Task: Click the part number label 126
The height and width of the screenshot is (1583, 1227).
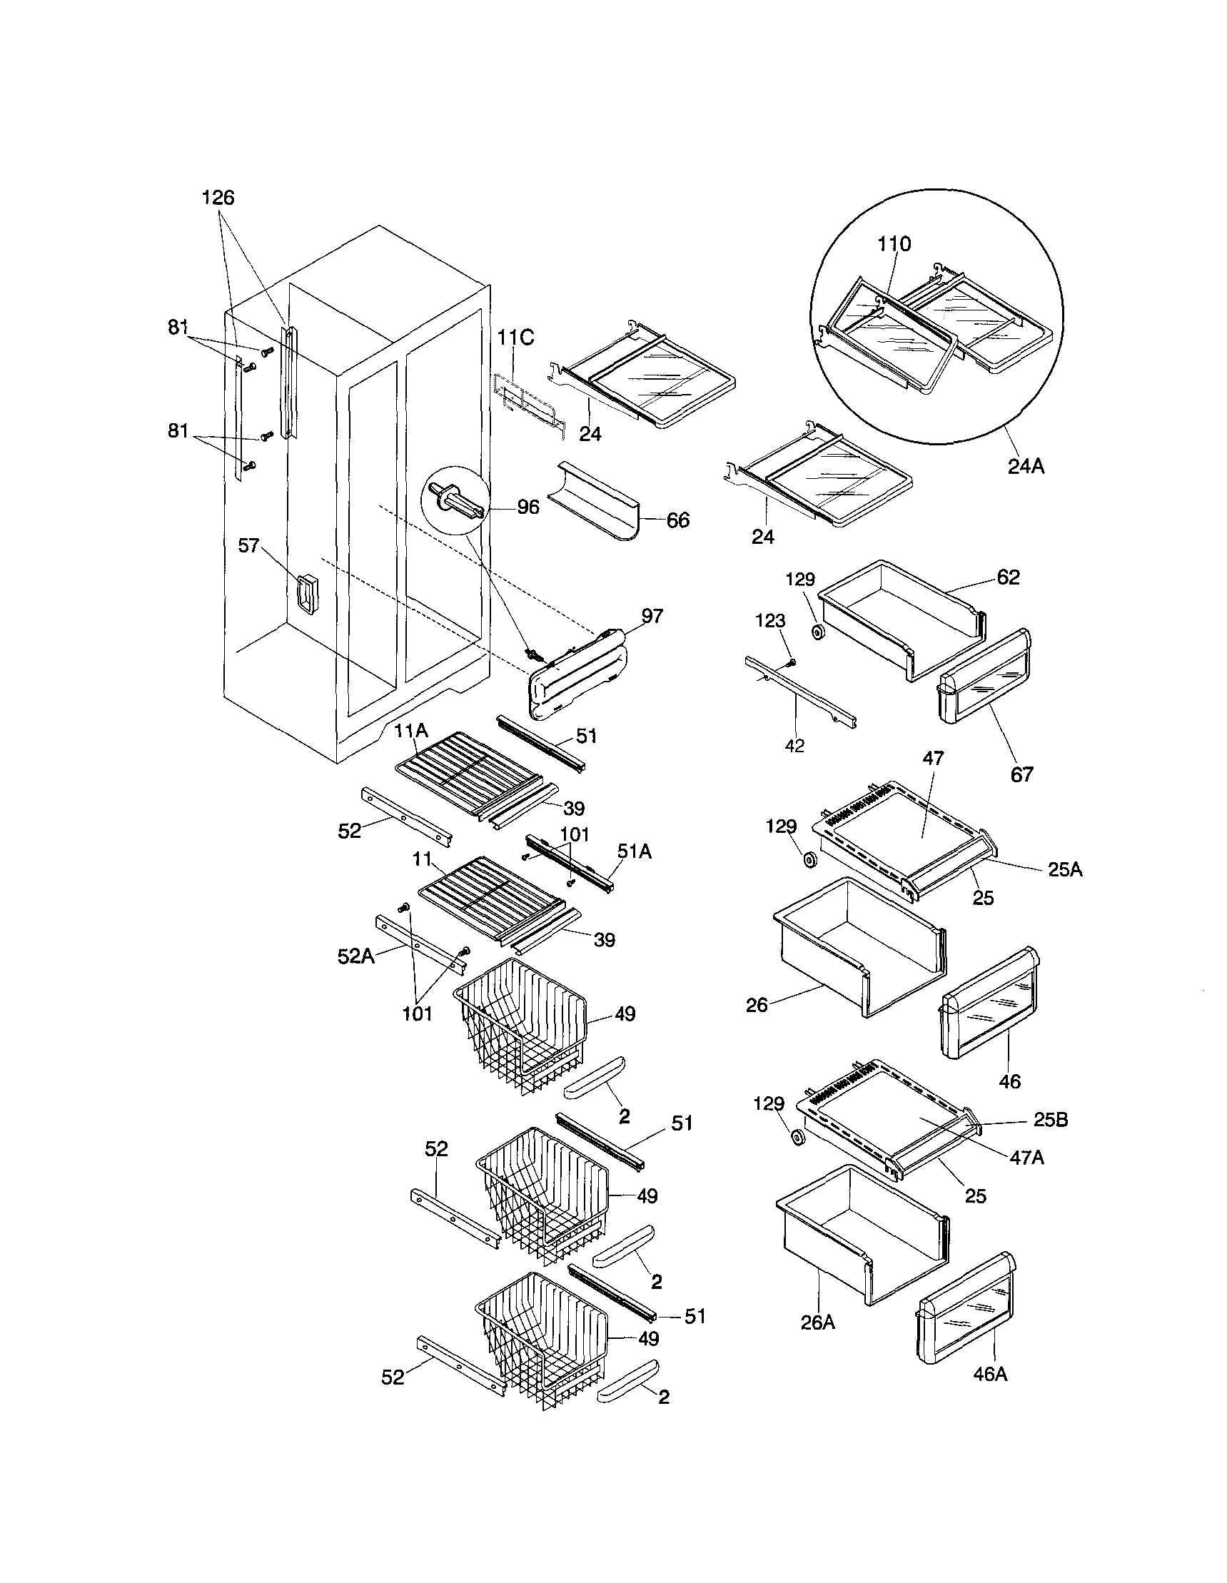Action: coord(218,198)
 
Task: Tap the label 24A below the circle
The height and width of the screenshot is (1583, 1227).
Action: coord(1026,467)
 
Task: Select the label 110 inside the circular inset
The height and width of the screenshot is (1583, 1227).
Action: coord(894,245)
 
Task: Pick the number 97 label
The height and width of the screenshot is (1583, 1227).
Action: coord(652,616)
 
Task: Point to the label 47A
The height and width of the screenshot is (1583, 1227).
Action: coord(1027,1158)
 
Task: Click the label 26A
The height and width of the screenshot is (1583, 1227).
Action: coord(817,1322)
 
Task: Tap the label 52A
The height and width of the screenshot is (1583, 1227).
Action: coord(356,957)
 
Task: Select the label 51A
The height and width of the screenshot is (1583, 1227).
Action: coord(633,851)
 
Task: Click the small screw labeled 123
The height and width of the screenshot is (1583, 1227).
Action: coord(792,661)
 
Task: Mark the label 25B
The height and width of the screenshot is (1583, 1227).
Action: coord(1050,1120)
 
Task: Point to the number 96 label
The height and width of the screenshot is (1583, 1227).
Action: coord(528,507)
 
